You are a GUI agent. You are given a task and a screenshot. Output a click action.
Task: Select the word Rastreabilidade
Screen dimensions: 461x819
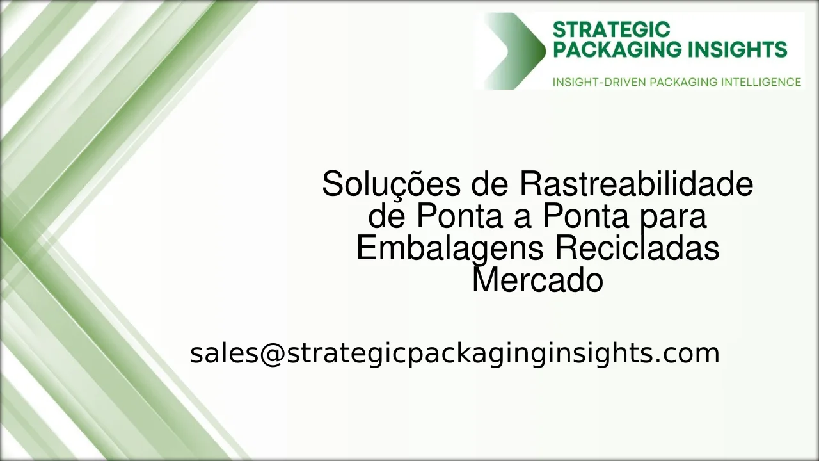point(635,185)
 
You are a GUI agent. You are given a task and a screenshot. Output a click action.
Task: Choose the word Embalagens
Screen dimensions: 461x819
point(450,248)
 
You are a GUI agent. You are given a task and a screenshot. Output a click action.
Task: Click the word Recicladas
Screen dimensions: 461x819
point(637,248)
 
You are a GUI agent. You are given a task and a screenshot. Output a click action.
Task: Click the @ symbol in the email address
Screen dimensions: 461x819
point(272,353)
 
